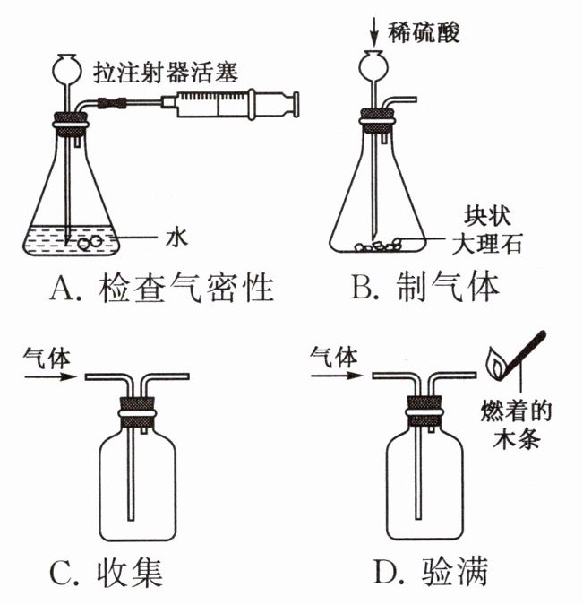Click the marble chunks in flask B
click(x=381, y=244)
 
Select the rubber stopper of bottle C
click(x=136, y=407)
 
